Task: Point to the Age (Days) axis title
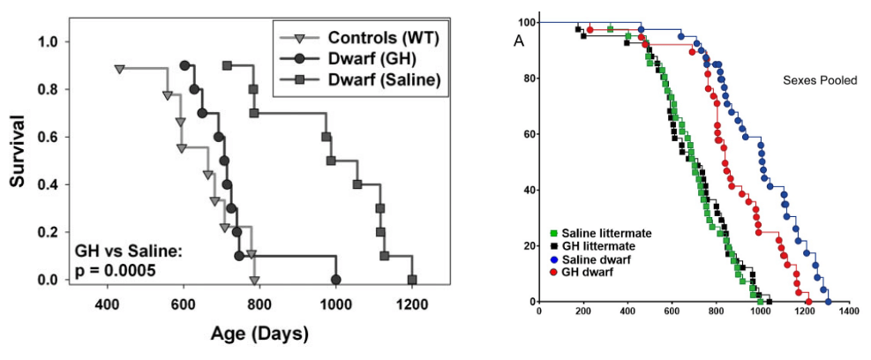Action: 259,334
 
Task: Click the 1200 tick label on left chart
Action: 411,306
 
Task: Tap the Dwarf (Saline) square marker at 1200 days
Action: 411,280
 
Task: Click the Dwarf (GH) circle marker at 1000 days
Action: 335,280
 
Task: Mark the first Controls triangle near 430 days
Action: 119,68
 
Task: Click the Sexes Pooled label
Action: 820,79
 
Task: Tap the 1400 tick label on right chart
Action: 849,311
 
